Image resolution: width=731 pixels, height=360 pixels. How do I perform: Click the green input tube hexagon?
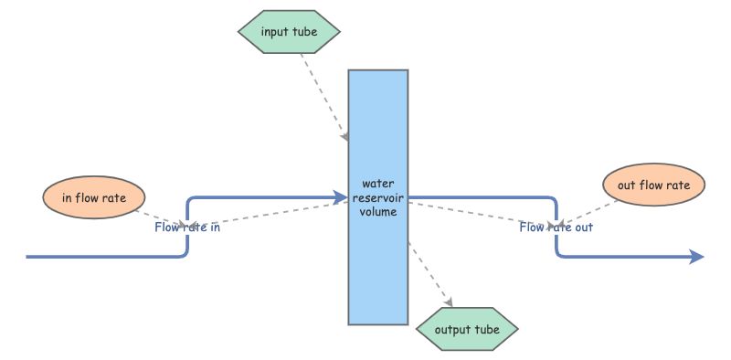289,32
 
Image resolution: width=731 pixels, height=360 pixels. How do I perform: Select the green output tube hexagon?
467,329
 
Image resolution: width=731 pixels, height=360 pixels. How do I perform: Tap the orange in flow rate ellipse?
94,196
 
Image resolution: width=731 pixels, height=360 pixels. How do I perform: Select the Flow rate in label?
187,228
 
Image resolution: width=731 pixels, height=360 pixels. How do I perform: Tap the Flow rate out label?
556,228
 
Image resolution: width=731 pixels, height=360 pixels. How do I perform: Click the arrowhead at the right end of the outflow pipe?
697,257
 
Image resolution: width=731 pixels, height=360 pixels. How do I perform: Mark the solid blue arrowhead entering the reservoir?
342,196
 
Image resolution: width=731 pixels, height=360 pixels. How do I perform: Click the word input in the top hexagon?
272,32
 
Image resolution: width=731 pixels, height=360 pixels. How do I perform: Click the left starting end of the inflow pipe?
30,257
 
